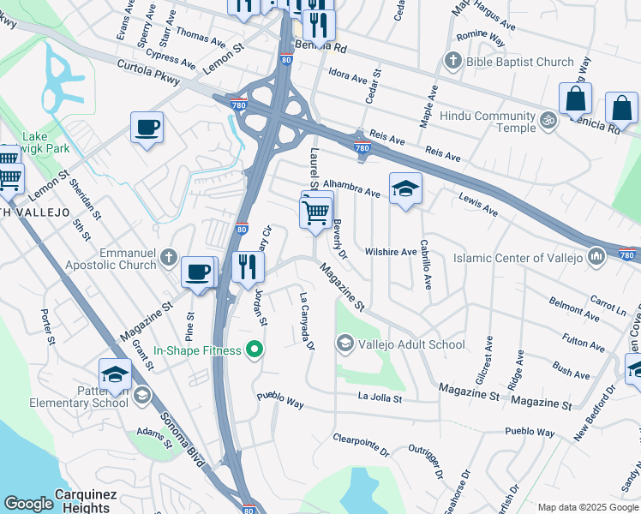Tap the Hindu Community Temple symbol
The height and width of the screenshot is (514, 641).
tap(549, 121)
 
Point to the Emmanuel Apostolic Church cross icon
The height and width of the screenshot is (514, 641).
tap(169, 257)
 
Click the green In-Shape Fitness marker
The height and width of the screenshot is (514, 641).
tap(254, 350)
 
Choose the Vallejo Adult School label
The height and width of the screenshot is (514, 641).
tap(410, 344)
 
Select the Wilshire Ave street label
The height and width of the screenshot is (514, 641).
tap(390, 252)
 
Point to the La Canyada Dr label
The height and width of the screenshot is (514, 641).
tap(307, 322)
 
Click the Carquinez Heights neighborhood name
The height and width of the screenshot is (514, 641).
tap(82, 500)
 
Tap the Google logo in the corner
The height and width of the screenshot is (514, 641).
tap(27, 504)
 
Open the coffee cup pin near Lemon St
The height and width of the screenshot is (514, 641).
tap(147, 128)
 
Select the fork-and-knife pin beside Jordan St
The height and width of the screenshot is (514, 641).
tap(247, 267)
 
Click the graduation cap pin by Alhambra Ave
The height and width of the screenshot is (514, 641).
tap(405, 188)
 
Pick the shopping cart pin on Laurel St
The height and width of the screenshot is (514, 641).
tap(316, 211)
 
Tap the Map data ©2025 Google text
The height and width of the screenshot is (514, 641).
tap(587, 507)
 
